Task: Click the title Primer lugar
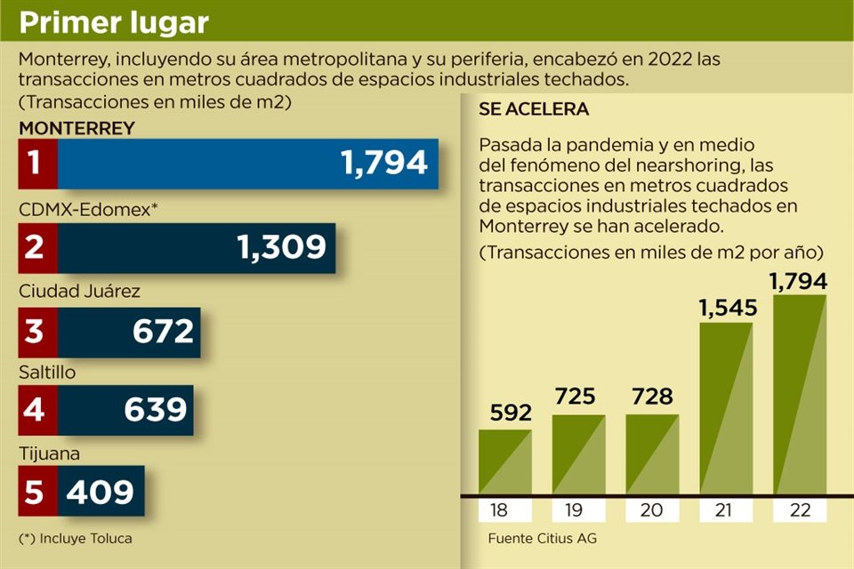pyautogui.click(x=114, y=21)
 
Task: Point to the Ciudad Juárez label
pyautogui.click(x=80, y=292)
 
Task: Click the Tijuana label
pyautogui.click(x=50, y=453)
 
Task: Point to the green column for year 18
pyautogui.click(x=505, y=462)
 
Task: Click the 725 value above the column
pyautogui.click(x=576, y=397)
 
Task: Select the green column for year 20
pyautogui.click(x=652, y=454)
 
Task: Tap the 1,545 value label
pyautogui.click(x=726, y=309)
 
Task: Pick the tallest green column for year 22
pyautogui.click(x=800, y=395)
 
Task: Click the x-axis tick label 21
pyautogui.click(x=726, y=510)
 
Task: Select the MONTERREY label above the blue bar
pyautogui.click(x=77, y=128)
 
